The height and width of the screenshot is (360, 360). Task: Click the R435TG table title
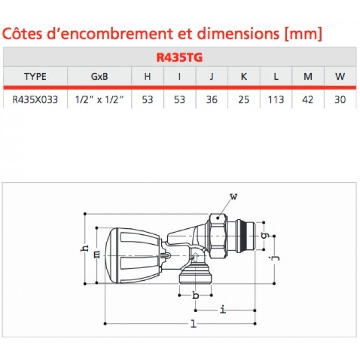tap(180, 56)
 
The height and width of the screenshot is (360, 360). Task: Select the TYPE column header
tap(35, 76)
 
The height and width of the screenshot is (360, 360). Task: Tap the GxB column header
tap(99, 76)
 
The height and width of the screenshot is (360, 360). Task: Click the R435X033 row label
tap(35, 100)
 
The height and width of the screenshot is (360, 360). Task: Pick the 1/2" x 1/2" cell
tap(99, 100)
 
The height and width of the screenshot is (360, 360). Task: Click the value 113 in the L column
tap(275, 100)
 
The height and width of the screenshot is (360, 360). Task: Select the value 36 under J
tap(211, 100)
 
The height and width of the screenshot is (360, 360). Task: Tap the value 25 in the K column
tap(243, 100)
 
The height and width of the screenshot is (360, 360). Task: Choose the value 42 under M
tap(308, 100)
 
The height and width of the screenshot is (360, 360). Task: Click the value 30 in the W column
tap(340, 100)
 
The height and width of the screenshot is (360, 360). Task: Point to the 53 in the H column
tap(147, 100)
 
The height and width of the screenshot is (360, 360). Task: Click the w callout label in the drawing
tap(234, 195)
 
